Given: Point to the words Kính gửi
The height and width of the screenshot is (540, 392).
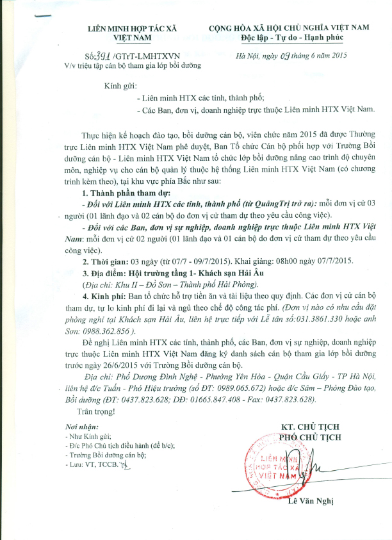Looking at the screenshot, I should pos(120,86).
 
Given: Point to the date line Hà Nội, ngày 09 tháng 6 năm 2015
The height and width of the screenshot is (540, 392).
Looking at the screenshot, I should pos(292,56).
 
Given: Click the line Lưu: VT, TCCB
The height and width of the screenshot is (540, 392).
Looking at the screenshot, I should pos(96,445).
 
